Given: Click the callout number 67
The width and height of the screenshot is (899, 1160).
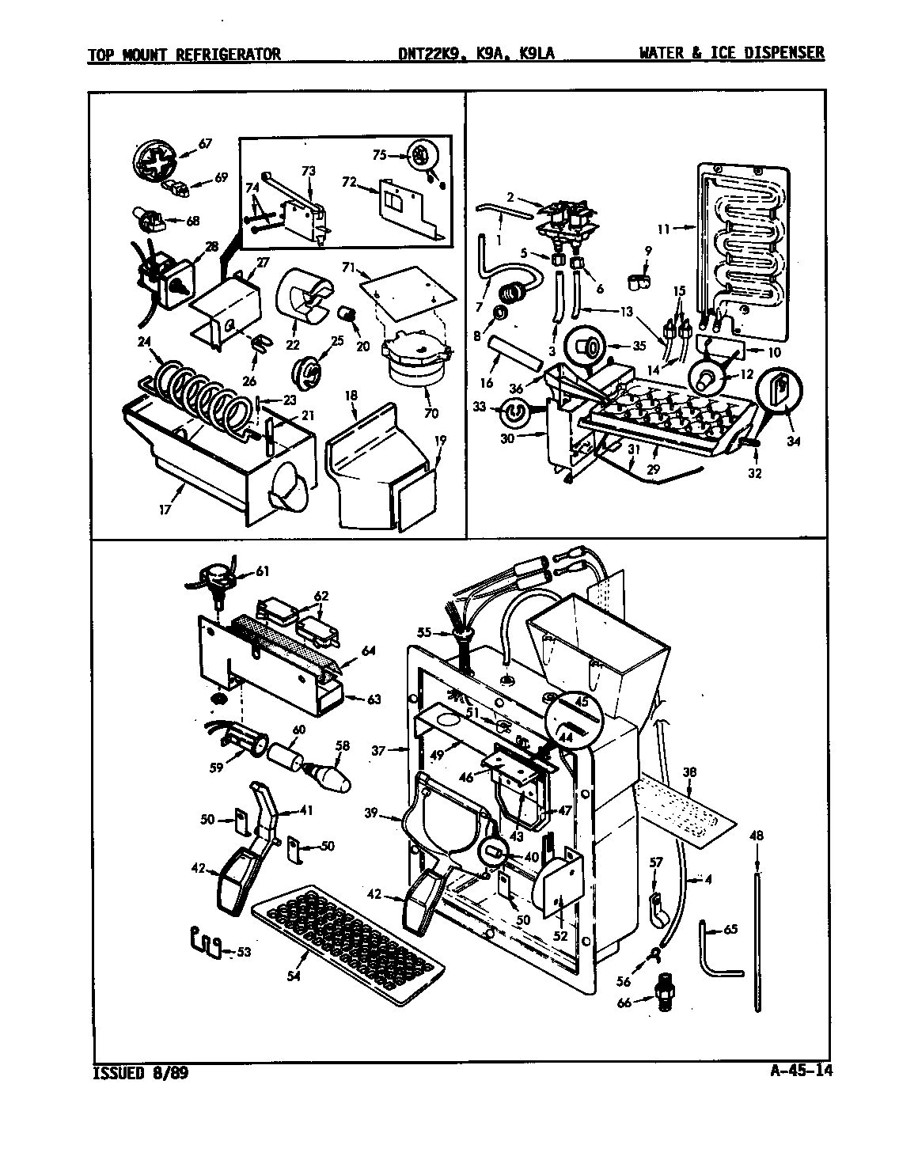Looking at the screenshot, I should [x=205, y=143].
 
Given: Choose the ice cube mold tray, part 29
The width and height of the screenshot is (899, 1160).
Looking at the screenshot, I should [x=665, y=419].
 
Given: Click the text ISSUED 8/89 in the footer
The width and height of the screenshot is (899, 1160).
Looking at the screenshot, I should [x=141, y=1074].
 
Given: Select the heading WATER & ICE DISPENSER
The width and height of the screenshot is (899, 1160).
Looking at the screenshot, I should [x=731, y=53].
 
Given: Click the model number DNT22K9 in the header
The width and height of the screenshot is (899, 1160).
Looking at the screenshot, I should [x=434, y=53].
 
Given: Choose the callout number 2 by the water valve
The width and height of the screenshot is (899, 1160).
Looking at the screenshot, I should [x=510, y=197].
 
